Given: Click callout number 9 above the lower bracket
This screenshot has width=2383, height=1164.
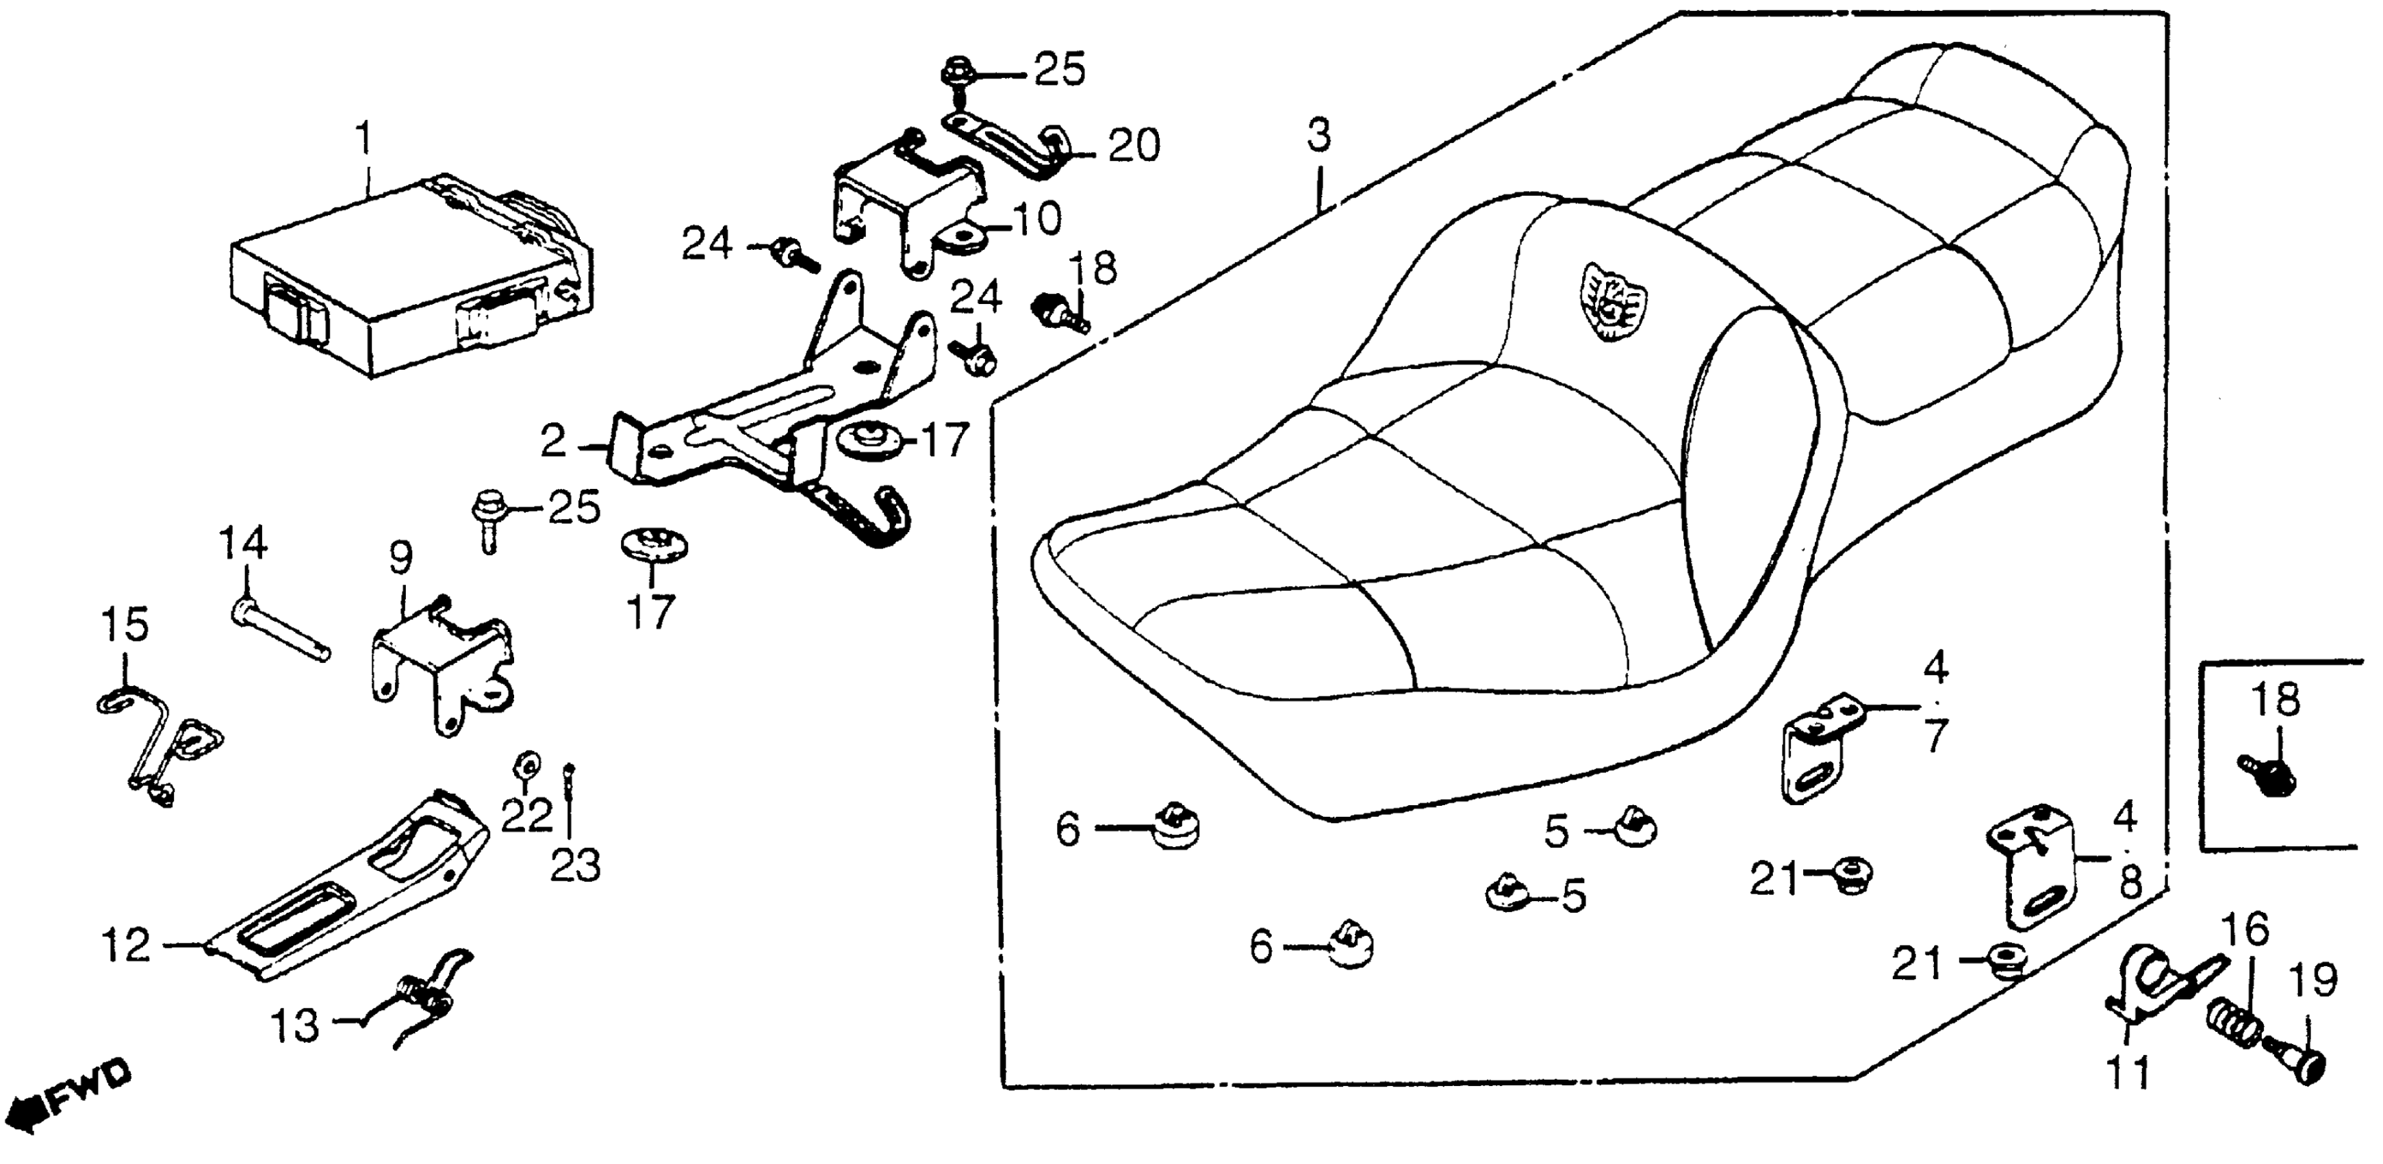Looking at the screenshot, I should point(400,557).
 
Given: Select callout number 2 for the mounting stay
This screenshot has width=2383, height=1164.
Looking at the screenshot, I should point(553,443).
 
